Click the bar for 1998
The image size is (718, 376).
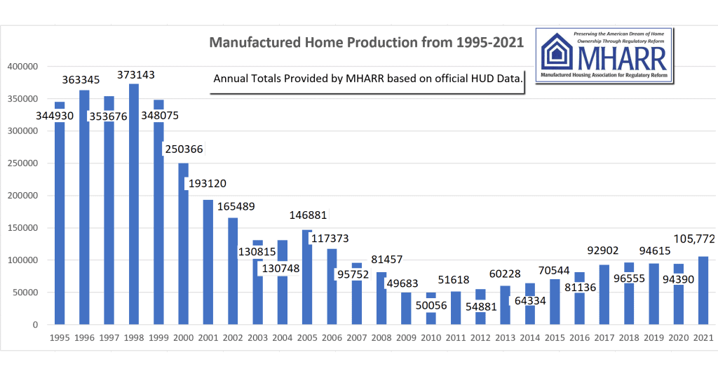click(x=133, y=204)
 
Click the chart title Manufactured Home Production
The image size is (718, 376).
click(x=366, y=43)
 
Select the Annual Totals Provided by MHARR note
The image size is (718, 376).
click(x=368, y=79)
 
